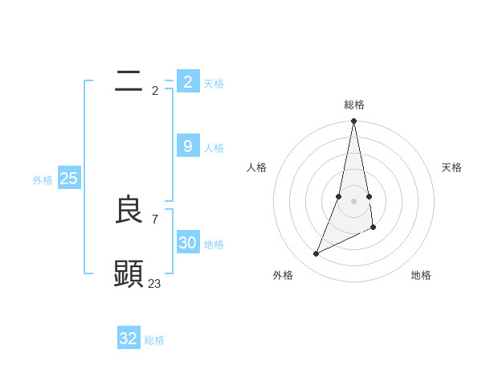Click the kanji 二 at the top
coord(129,80)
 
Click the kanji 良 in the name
coord(129,210)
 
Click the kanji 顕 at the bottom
coord(129,274)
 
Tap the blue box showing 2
coord(187,81)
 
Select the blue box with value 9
coord(187,146)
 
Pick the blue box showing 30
coord(187,242)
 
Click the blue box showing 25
coord(68,179)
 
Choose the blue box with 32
coord(129,339)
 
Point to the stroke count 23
coord(155,283)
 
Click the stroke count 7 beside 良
coord(155,219)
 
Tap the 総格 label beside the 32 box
coord(154,340)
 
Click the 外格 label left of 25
coord(43,180)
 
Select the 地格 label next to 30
coord(214,244)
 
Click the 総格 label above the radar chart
coord(354,105)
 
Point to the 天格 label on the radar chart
coord(452,167)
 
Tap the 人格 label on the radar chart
coord(257,167)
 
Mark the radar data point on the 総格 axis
coord(354,121)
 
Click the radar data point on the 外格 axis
coord(317,254)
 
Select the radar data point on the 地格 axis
coord(374,228)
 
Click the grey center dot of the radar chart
coord(354,201)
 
